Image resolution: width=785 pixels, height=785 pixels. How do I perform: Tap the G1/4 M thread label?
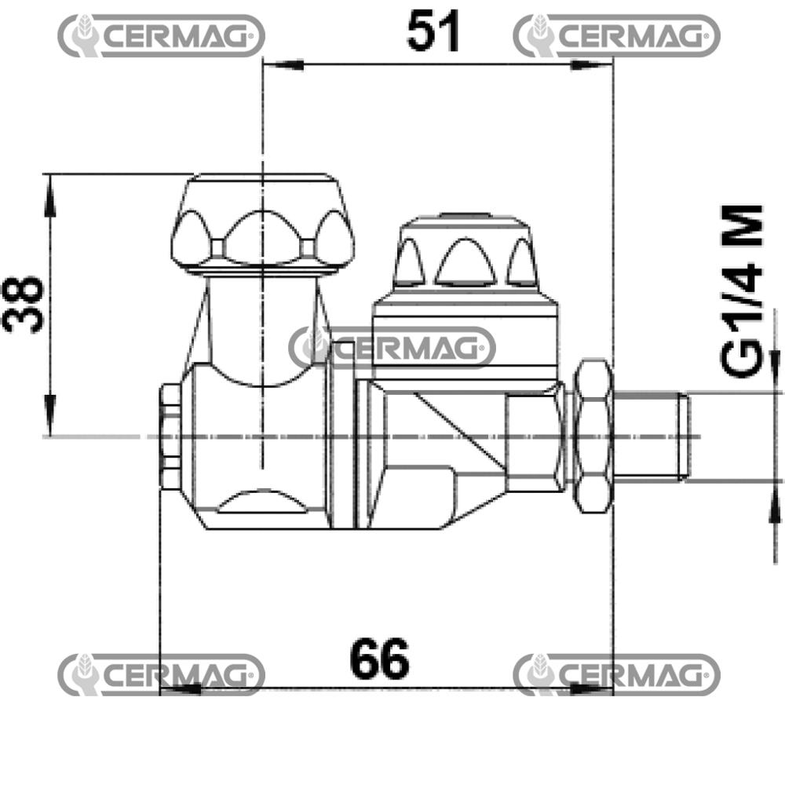point(742,290)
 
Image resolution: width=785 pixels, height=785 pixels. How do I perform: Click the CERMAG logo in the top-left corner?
point(161,35)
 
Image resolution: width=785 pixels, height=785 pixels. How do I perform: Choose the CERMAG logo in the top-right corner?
point(616,35)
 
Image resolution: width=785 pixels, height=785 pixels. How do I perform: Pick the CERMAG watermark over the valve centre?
point(392,347)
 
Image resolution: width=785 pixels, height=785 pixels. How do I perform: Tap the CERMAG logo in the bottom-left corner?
point(161,674)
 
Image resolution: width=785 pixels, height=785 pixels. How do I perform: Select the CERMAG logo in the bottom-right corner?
point(616,674)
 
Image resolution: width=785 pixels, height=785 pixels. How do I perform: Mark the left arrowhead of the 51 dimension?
point(283,66)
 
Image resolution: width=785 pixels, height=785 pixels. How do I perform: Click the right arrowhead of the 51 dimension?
point(592,66)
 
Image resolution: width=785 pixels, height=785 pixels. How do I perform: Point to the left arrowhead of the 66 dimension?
point(179,690)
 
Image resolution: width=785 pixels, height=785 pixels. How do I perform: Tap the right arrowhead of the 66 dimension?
point(592,690)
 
